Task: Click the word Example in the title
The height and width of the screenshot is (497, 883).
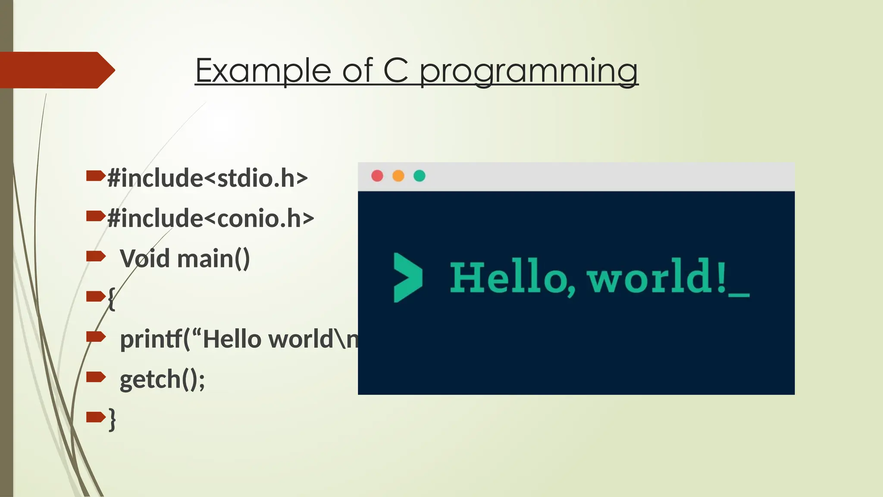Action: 263,70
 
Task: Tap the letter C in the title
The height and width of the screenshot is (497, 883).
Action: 395,70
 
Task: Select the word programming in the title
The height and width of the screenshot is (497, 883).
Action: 529,71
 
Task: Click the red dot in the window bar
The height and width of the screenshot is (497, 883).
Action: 377,176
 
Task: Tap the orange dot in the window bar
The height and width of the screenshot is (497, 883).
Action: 398,176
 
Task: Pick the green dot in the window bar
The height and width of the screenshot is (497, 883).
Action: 420,176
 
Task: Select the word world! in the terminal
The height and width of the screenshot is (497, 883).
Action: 656,277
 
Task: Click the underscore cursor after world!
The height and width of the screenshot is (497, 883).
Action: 739,295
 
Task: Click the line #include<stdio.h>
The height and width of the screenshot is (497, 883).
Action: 207,178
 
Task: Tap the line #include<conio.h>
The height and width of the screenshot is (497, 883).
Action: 210,218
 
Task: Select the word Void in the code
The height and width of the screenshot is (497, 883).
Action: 144,259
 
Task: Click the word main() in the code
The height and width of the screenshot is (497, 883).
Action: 213,259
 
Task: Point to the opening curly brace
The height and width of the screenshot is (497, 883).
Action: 111,298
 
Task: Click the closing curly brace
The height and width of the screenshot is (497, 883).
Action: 112,419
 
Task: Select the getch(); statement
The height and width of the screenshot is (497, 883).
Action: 162,380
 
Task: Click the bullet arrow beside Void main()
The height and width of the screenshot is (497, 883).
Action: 96,256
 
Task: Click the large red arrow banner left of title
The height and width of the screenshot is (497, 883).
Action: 56,70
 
